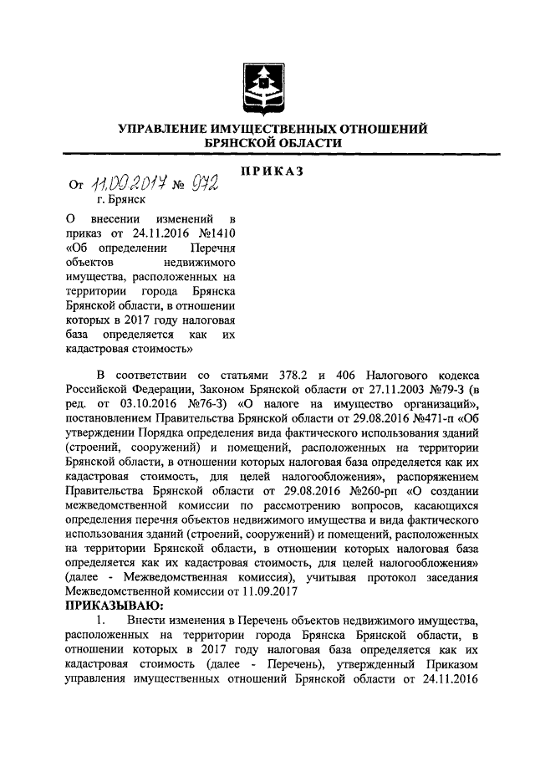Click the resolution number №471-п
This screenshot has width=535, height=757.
[x=432, y=418]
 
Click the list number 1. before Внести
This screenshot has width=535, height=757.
[x=99, y=621]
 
